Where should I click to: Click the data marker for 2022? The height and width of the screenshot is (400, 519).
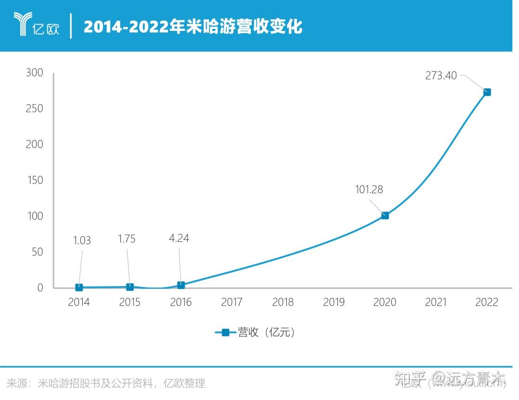[x=487, y=92]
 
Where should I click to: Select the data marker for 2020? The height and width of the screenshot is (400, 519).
[x=385, y=215]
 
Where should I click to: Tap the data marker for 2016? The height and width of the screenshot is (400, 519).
[x=181, y=285]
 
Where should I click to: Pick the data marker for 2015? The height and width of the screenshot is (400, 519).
[x=130, y=287]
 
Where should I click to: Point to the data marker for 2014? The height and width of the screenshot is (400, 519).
[x=79, y=287]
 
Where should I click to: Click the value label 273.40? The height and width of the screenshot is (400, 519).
[x=441, y=75]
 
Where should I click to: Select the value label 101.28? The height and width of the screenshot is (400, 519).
[x=369, y=189]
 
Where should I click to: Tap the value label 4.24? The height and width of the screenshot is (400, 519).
[x=179, y=238]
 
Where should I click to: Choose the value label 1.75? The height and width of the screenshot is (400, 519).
[x=127, y=239]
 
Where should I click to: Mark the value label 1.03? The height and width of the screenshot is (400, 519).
[x=82, y=240]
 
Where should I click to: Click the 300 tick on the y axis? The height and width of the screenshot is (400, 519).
[x=34, y=73]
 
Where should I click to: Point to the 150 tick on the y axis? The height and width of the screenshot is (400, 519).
[x=34, y=180]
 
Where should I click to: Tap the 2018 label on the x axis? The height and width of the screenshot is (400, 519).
[x=283, y=302]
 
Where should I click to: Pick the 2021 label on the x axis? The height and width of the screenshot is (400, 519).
[x=435, y=302]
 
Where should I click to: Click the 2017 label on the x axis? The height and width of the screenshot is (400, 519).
[x=232, y=302]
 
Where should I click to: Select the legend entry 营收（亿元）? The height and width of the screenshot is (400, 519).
[x=255, y=332]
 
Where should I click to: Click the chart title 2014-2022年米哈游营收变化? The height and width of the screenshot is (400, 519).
[x=193, y=26]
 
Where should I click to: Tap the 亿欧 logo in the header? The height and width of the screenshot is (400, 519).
[x=37, y=25]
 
